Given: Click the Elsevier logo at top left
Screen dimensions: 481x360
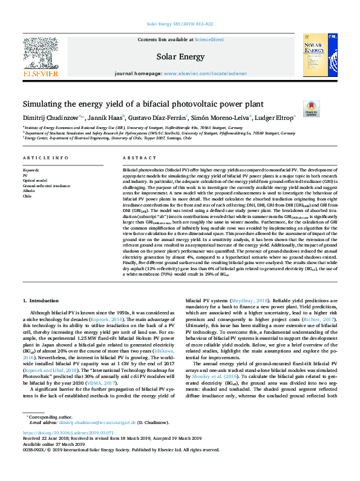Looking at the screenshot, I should point(42,55).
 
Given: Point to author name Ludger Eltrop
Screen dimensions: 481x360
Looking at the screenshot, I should point(260,117).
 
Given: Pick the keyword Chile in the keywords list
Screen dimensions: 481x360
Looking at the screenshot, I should point(27,196).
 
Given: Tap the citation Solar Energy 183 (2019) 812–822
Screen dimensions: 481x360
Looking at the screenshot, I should point(180,24).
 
